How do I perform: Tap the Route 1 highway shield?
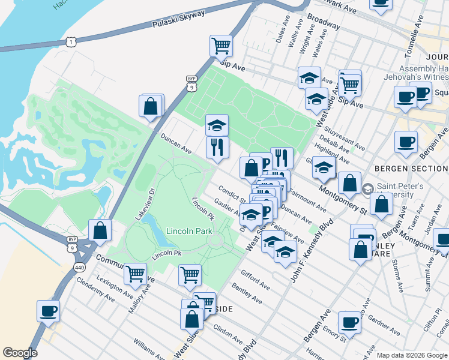71,41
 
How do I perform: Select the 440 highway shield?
79,266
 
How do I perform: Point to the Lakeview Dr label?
145,203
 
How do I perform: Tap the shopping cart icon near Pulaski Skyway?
221,45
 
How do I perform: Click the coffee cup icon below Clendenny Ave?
48,311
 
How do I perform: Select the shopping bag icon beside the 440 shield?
100,230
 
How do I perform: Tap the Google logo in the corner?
20,353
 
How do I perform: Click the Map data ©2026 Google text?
411,355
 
